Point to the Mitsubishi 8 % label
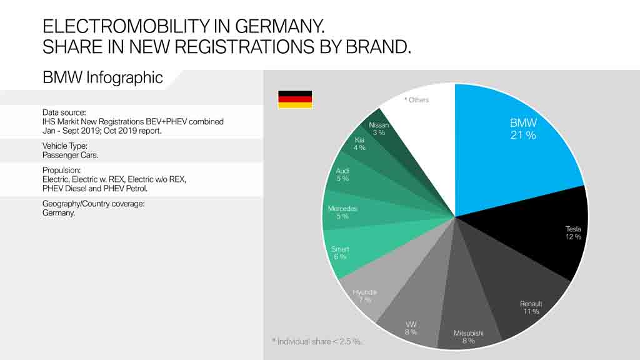click(x=468, y=337)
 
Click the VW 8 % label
click(x=411, y=328)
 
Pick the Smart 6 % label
click(x=340, y=253)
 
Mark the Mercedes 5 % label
click(x=342, y=212)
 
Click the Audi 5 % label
click(x=342, y=175)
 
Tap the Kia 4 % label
click(x=359, y=144)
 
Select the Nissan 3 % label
click(x=379, y=129)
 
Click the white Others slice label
click(x=416, y=100)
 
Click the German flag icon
click(x=295, y=99)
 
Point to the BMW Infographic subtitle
click(x=102, y=77)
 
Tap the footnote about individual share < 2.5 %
click(x=317, y=341)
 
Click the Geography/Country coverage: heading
click(x=94, y=204)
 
